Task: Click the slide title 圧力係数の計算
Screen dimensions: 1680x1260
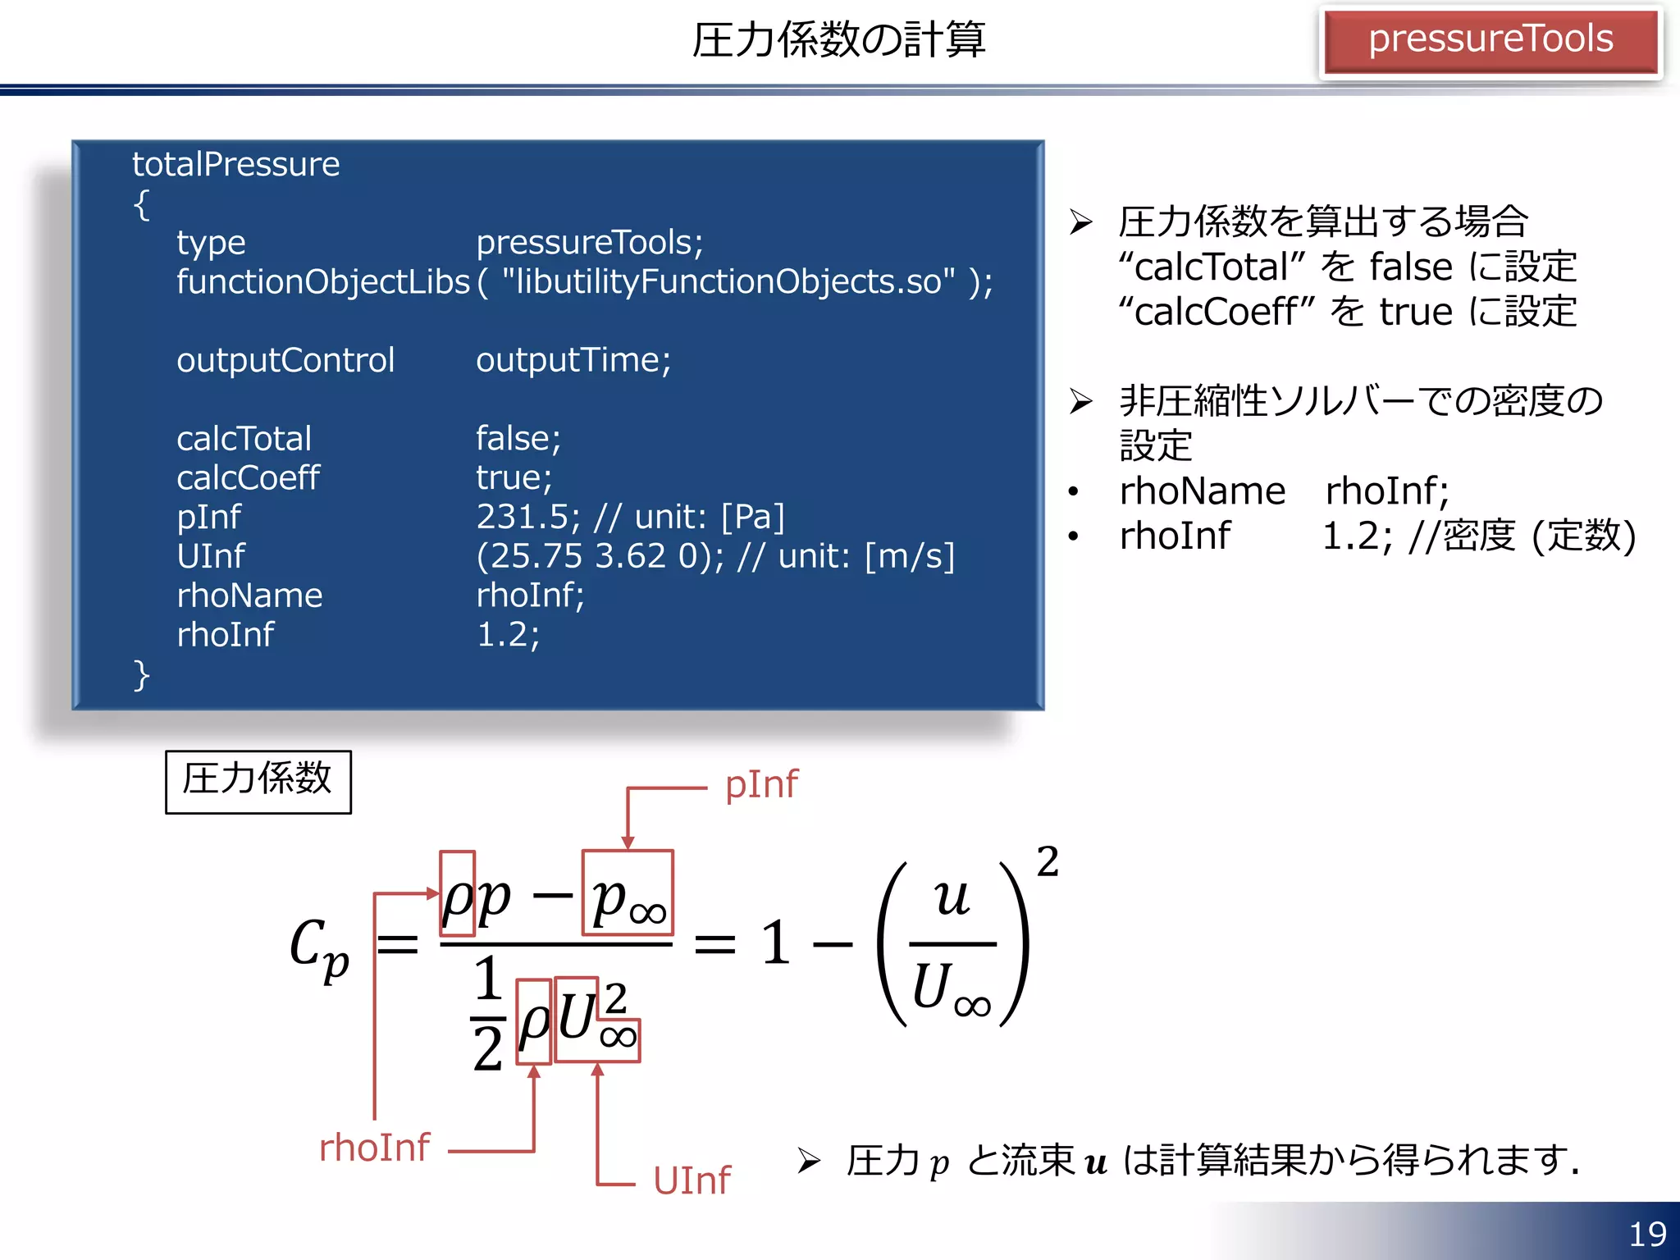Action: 838,39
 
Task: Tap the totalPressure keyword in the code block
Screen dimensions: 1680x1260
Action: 236,164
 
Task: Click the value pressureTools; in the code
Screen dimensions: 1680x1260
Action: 590,242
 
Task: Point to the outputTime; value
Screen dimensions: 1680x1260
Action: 573,360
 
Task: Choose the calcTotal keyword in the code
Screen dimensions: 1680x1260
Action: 244,439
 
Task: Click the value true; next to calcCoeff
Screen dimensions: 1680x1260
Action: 514,477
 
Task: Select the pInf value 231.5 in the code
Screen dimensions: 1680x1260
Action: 524,517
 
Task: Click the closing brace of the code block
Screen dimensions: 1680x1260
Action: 141,675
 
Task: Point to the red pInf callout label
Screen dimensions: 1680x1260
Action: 761,784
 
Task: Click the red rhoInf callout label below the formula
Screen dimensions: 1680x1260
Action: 374,1148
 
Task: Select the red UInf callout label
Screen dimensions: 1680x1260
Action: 692,1180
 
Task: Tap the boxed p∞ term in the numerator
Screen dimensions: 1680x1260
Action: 628,894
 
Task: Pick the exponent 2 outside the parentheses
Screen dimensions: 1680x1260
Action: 1048,861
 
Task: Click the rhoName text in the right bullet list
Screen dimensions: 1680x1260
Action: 1203,491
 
